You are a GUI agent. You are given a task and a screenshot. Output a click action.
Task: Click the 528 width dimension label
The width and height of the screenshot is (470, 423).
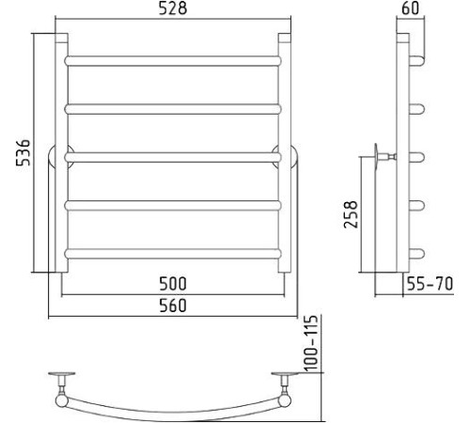point(173,8)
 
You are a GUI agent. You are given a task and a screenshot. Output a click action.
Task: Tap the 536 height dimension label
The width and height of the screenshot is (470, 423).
point(23,153)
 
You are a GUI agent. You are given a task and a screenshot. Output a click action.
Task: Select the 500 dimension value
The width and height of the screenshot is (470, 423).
point(173,284)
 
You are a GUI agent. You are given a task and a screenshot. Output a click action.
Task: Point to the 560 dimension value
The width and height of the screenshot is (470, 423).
point(173,305)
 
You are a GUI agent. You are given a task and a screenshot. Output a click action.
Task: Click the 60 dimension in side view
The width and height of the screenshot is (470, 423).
point(410,8)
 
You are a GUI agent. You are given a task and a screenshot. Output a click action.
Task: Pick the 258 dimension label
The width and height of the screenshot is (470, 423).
point(351,214)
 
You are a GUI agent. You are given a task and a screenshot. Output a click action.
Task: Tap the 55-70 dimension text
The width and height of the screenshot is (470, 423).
point(430,284)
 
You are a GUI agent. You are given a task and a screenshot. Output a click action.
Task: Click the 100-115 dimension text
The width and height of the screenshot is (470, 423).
point(311,343)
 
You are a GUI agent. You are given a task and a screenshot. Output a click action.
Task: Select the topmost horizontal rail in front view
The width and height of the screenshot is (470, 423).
point(173,61)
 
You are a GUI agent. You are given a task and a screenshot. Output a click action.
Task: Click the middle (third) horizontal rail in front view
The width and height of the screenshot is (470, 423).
point(173,157)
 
